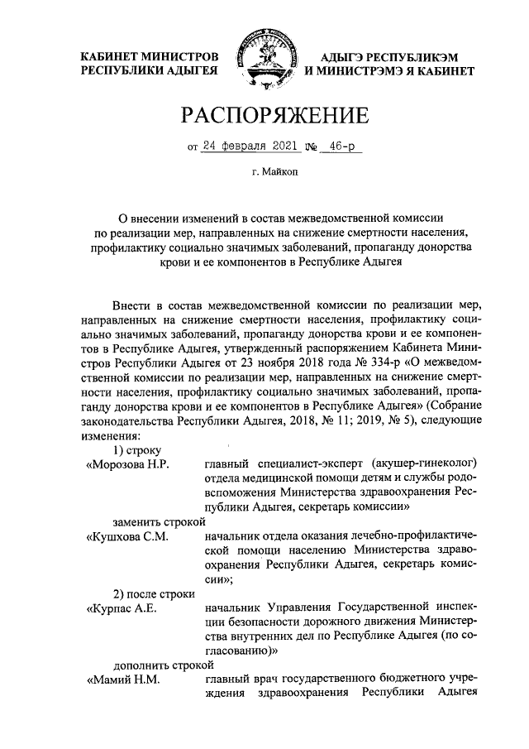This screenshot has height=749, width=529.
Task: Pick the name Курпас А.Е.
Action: pyautogui.click(x=124, y=609)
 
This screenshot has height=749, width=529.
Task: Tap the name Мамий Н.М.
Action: pyautogui.click(x=124, y=680)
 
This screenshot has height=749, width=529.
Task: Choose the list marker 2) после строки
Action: pyautogui.click(x=153, y=593)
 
